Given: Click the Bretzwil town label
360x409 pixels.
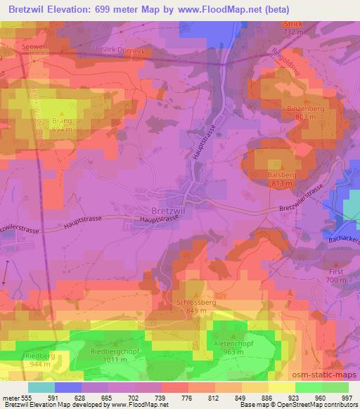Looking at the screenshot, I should coord(170,210).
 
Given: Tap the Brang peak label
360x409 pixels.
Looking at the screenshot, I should coord(62,121).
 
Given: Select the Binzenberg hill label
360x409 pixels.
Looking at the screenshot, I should coord(304,109).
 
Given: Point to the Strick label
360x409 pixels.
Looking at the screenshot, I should coord(292,24).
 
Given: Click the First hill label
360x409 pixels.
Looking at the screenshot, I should coord(337,271).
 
